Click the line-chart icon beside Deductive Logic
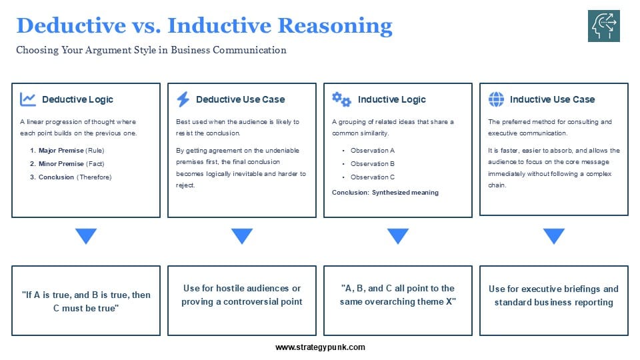(x=28, y=99)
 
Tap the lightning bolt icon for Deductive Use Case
(x=183, y=99)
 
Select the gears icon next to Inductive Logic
(x=341, y=99)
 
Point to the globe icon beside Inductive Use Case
(x=497, y=99)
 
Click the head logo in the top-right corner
(x=603, y=26)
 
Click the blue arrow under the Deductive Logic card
(x=86, y=236)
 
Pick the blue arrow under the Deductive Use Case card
(x=242, y=236)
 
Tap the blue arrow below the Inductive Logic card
(x=398, y=236)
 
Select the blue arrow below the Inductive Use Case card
(x=553, y=236)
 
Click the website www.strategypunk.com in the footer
(x=320, y=347)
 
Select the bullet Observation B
(x=373, y=163)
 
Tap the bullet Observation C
(x=373, y=177)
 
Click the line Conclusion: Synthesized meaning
(x=385, y=193)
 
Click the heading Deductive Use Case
(x=240, y=99)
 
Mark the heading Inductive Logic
(x=391, y=99)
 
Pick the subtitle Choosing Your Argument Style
(x=151, y=50)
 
